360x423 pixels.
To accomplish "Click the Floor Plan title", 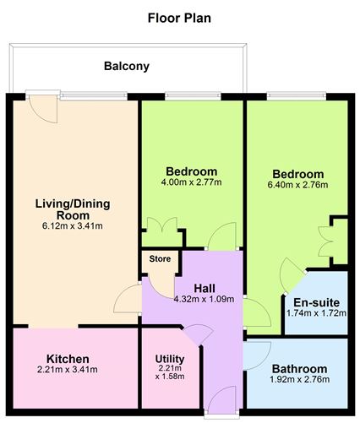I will click(x=179, y=17).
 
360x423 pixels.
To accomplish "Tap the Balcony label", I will click(x=127, y=66).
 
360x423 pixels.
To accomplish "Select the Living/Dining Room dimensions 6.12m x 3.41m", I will click(x=73, y=225).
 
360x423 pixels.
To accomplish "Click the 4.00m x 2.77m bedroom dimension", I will click(x=192, y=182).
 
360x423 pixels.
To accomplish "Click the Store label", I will click(x=160, y=259).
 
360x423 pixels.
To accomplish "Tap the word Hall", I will click(x=205, y=288).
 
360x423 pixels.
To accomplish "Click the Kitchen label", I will click(x=68, y=359).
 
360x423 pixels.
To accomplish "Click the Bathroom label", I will click(x=299, y=369).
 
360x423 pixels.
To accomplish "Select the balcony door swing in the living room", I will click(x=39, y=108).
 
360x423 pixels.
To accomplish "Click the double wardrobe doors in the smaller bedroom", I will click(x=161, y=230).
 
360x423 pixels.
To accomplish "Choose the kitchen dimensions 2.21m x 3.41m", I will click(x=68, y=370).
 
